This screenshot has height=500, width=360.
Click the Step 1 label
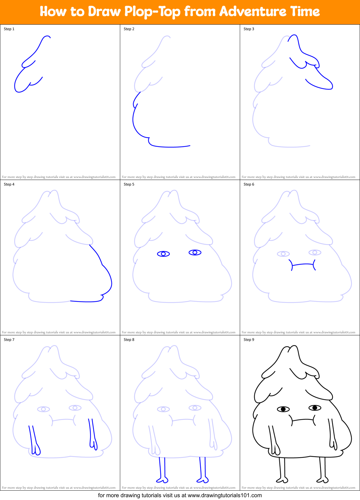pyautogui.click(x=9, y=29)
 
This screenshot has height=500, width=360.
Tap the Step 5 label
pyautogui.click(x=129, y=184)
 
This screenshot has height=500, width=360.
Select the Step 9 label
pyautogui.click(x=249, y=340)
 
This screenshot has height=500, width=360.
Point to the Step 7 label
pyautogui.click(x=9, y=340)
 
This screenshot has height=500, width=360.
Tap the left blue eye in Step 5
pyautogui.click(x=163, y=254)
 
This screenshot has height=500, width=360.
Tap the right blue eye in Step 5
pyautogui.click(x=195, y=252)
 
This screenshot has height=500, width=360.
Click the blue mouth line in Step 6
pyautogui.click(x=303, y=265)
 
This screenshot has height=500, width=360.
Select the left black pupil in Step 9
pyautogui.click(x=283, y=409)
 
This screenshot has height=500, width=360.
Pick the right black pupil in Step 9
pyautogui.click(x=315, y=408)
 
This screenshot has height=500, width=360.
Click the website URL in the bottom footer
pyautogui.click(x=225, y=495)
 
